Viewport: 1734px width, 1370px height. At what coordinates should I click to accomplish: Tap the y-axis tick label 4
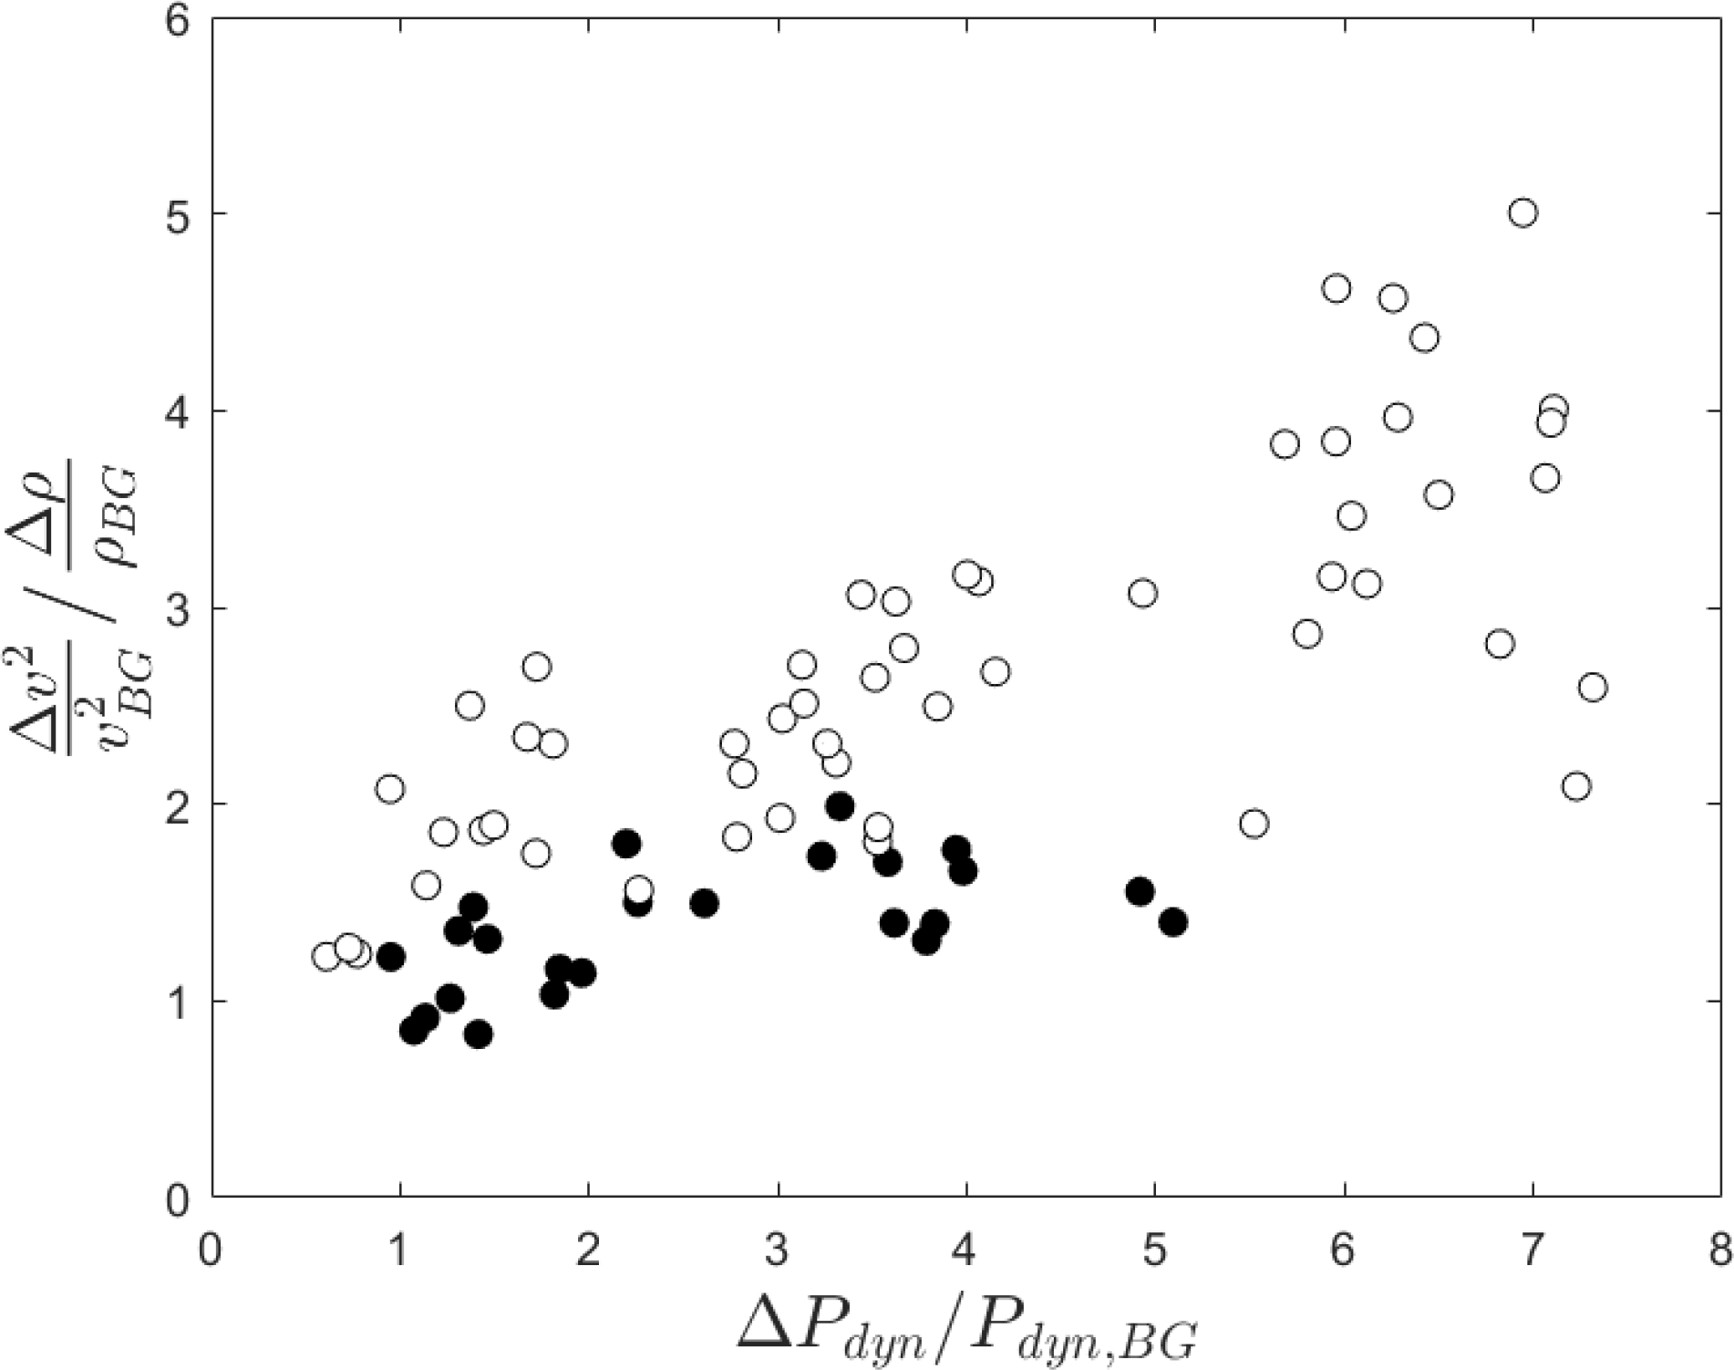[x=179, y=411]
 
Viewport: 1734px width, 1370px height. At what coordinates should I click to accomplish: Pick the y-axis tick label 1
[x=179, y=1002]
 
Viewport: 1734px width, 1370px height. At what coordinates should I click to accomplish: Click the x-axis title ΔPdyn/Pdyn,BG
[x=966, y=1327]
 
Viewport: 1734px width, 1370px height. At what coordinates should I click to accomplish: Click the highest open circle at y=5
[x=1522, y=213]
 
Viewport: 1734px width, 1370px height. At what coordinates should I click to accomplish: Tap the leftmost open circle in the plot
[x=326, y=956]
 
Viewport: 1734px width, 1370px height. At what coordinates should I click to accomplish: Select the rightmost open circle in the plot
[x=1592, y=687]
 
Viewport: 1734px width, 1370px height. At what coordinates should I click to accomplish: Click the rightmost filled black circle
[x=1173, y=922]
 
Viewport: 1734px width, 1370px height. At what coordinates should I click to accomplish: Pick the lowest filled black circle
[x=479, y=1034]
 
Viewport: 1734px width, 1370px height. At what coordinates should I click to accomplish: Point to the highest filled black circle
[x=840, y=806]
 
